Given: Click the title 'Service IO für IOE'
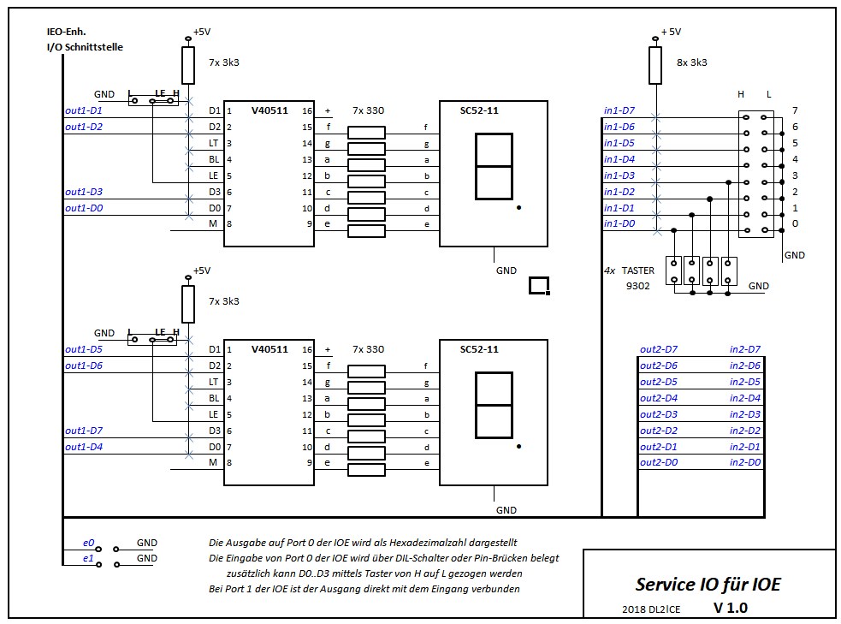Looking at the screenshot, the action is (x=708, y=584).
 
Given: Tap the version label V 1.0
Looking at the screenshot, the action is (x=731, y=608).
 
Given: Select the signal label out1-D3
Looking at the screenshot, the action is (x=84, y=192).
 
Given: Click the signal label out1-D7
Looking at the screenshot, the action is (x=84, y=431).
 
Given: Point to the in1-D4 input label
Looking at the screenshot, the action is (x=619, y=159).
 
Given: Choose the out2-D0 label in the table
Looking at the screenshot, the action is (x=659, y=462).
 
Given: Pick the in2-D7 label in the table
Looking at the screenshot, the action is (x=745, y=349).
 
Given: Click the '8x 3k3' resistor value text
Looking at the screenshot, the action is (x=692, y=62).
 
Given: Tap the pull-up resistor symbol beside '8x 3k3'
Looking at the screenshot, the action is (x=654, y=65).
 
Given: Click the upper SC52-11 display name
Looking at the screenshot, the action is (x=479, y=110).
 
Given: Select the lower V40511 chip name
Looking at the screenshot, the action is (x=269, y=349).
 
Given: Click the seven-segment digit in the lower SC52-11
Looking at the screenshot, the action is (x=494, y=405).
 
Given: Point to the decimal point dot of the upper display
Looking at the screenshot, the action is (x=518, y=208).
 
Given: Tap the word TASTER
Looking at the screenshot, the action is (x=637, y=270).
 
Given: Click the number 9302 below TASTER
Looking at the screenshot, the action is (x=637, y=286).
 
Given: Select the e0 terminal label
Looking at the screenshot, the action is (x=88, y=543).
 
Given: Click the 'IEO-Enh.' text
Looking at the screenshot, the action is (x=67, y=32).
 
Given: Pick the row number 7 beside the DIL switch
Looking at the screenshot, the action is (x=795, y=110).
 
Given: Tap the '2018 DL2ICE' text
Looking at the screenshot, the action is (x=651, y=609).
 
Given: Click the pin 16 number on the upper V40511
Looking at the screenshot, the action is (x=307, y=110).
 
